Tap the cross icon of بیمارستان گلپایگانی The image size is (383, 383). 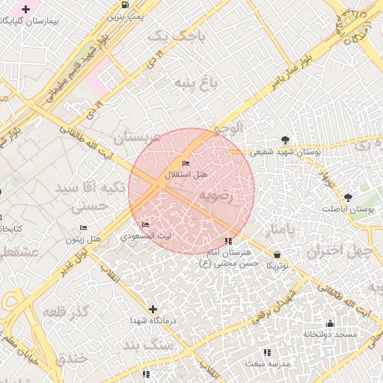(26, 10)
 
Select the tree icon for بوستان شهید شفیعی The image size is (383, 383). (285, 140)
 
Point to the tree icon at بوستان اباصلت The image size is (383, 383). (348, 197)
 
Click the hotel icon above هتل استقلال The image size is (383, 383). (186, 163)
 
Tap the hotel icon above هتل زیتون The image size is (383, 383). (83, 227)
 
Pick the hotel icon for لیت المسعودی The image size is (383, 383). (145, 224)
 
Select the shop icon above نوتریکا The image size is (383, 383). (278, 254)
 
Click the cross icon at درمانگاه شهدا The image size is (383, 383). (153, 309)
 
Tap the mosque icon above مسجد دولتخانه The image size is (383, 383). (330, 323)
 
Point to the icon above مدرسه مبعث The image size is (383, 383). (267, 352)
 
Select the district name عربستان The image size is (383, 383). (135, 138)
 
